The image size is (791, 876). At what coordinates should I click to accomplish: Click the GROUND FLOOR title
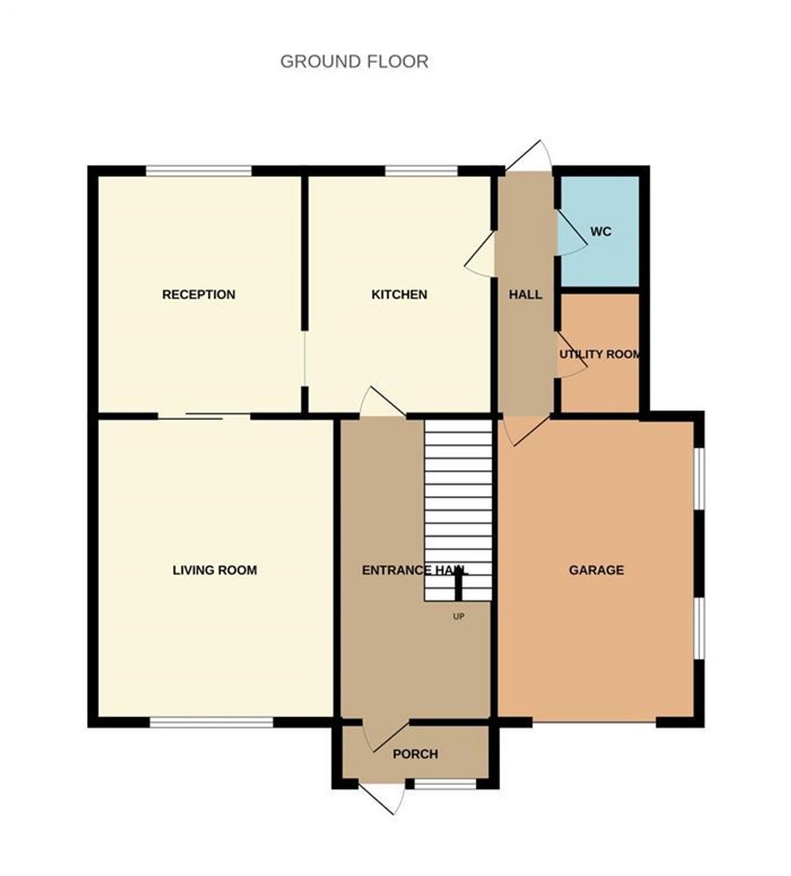[354, 62]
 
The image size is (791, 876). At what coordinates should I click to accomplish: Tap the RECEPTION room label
[198, 295]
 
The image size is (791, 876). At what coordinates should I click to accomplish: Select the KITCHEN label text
[399, 295]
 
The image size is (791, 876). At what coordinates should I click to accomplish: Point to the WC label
[600, 232]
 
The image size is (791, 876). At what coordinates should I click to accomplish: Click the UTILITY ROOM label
[600, 355]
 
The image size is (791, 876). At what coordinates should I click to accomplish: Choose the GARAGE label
[596, 570]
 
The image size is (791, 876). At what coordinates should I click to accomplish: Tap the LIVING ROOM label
[214, 570]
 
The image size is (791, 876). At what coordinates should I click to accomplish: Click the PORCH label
[415, 754]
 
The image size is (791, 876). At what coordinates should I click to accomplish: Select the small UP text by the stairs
[458, 617]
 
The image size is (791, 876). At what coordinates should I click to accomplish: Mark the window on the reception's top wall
[198, 171]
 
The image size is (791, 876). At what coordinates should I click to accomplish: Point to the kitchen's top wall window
[421, 171]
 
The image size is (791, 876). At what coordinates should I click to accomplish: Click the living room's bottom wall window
[211, 722]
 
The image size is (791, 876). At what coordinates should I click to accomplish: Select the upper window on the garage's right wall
[699, 478]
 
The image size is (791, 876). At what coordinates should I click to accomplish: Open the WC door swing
[571, 235]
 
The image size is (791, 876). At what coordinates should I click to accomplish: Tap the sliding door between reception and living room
[204, 415]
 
